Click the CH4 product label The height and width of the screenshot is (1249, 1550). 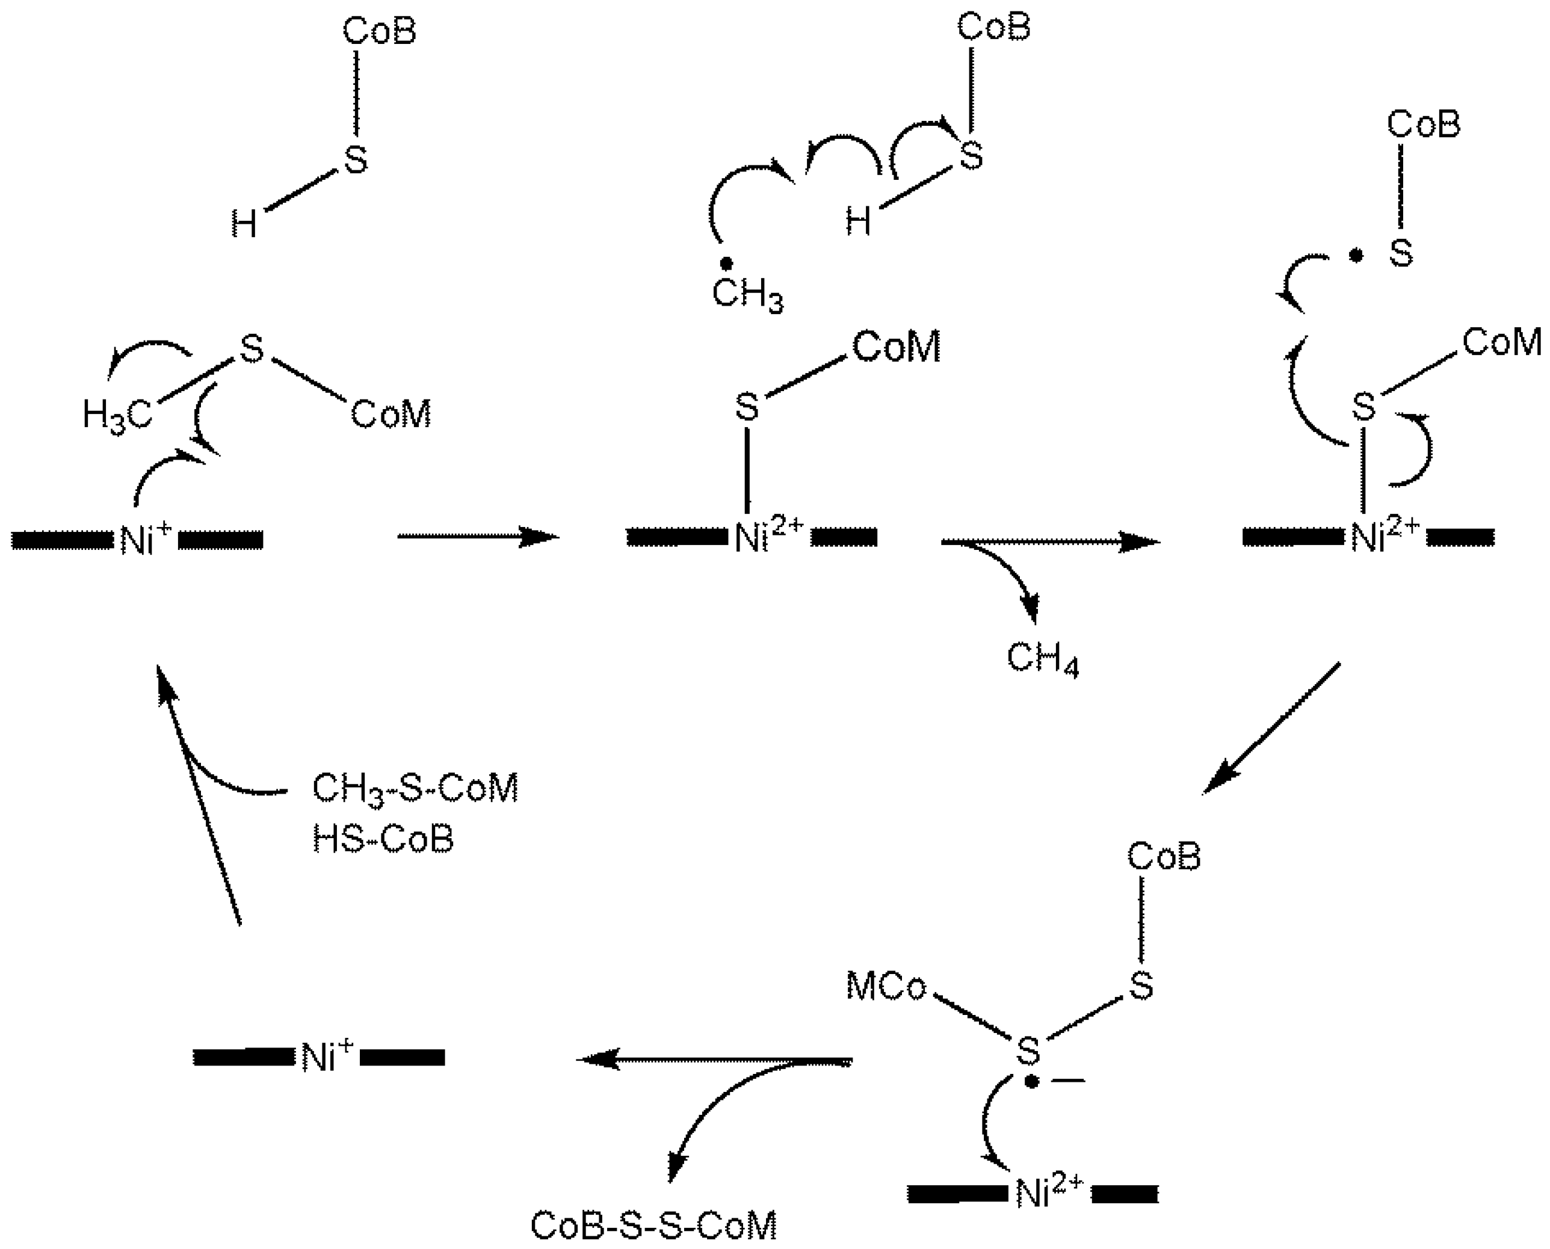point(1043,659)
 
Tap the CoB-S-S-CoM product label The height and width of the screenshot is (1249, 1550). point(653,1226)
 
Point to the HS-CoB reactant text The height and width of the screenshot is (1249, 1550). point(383,839)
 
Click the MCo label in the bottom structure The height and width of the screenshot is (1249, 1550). point(886,987)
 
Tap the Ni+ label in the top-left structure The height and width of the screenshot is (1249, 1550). point(146,540)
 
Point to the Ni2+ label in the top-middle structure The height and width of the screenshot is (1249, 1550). point(768,537)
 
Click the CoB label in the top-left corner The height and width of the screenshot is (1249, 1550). point(379,32)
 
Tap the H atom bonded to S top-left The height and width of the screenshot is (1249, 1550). point(244,224)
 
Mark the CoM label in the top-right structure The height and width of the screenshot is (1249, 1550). point(1501,342)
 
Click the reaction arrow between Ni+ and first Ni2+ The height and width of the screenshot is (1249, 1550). point(478,537)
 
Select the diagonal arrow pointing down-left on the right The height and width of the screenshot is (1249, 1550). point(1271,727)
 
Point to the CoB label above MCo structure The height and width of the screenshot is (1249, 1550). point(1164,857)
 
